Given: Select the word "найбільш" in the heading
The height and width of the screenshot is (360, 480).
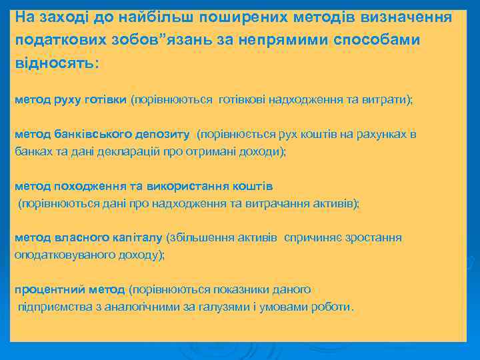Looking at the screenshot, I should coord(129,15).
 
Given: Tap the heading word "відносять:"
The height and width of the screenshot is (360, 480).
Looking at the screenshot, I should coord(56,63).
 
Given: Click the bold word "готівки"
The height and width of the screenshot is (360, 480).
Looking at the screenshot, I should coord(105,99).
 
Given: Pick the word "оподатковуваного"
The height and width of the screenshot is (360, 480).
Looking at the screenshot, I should coord(59,255).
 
